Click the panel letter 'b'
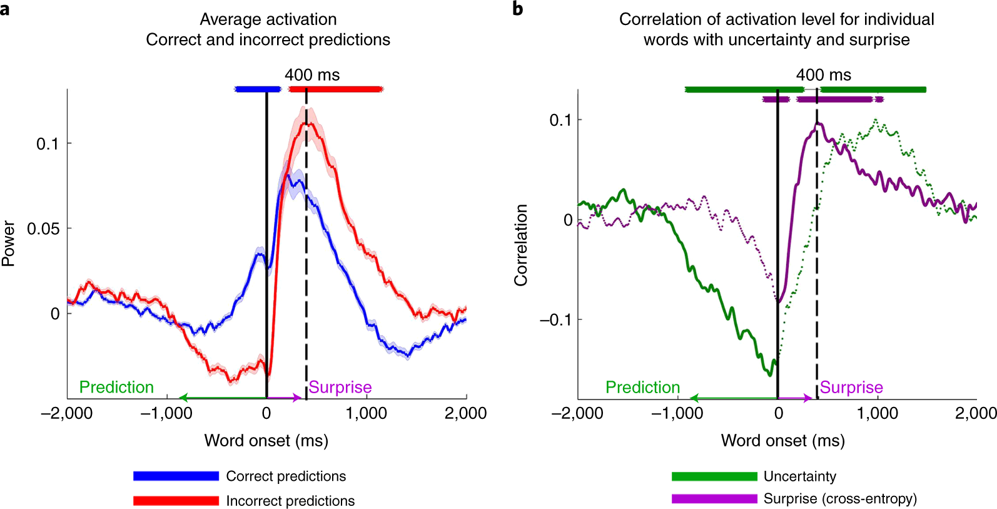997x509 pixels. click(x=517, y=9)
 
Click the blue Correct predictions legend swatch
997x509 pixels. click(x=176, y=476)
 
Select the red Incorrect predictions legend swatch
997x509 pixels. click(x=176, y=501)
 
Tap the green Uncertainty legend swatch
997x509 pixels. click(x=714, y=476)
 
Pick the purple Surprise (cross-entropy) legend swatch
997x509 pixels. click(x=714, y=499)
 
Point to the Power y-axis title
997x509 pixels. click(x=9, y=243)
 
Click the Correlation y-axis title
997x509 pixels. click(x=520, y=245)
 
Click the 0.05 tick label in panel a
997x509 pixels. click(x=43, y=229)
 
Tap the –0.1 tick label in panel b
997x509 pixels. click(x=555, y=320)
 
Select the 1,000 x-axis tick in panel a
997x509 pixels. click(x=367, y=413)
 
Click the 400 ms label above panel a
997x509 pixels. click(x=312, y=75)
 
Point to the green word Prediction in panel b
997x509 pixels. click(x=642, y=388)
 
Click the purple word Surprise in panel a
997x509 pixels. click(x=340, y=388)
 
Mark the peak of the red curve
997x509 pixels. click(x=305, y=122)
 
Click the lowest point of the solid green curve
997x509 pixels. click(x=770, y=374)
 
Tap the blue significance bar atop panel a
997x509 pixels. click(x=257, y=90)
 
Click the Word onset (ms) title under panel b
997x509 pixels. click(x=782, y=441)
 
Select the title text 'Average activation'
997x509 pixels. click(x=268, y=19)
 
